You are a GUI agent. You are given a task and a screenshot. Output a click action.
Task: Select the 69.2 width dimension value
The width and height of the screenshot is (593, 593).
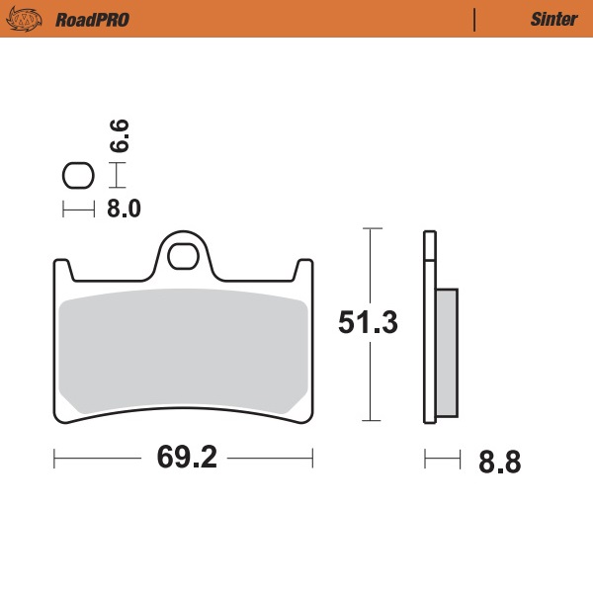pos(185,459)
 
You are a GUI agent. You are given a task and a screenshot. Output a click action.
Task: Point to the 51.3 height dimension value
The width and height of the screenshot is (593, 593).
pos(368,323)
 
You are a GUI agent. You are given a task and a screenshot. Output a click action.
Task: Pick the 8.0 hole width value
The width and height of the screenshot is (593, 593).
pos(124,209)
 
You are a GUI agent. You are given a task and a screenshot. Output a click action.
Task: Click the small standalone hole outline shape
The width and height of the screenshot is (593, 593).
pos(77,176)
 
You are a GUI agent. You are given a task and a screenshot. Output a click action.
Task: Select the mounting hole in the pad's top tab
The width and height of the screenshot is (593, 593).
pos(183,256)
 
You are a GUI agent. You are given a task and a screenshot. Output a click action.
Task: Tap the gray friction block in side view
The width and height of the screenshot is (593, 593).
pos(447,351)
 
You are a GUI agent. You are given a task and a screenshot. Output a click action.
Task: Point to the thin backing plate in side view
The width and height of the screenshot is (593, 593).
pos(428,326)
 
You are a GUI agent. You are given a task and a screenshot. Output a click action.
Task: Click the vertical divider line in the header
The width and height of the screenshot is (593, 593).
pos(474,19)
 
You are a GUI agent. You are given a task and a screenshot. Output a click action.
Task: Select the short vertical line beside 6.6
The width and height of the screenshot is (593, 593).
pos(119,176)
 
